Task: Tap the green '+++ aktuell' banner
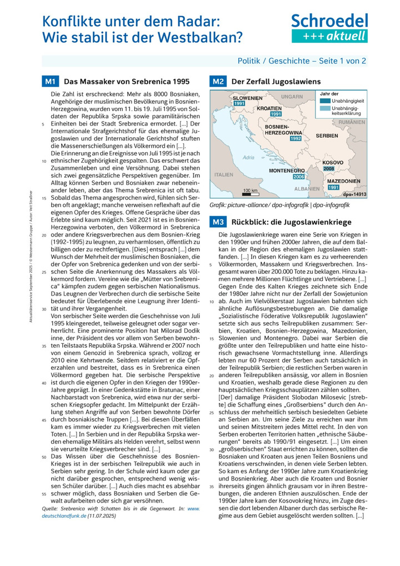[329, 36]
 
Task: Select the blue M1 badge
[50, 82]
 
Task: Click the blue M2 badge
[217, 82]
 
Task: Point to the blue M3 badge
[217, 222]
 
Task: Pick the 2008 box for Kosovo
[328, 168]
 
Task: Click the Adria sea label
[248, 158]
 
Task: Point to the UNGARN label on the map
[292, 97]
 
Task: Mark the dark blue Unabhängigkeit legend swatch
[324, 102]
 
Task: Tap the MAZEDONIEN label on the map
[343, 182]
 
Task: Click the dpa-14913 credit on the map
[354, 195]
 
